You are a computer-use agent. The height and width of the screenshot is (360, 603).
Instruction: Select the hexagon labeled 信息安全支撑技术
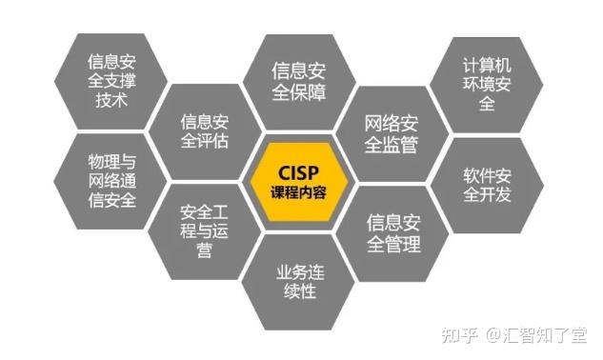pyautogui.click(x=111, y=81)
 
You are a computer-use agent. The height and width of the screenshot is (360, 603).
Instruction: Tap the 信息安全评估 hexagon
pyautogui.click(x=205, y=131)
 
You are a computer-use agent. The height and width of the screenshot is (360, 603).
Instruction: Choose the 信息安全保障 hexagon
pyautogui.click(x=298, y=81)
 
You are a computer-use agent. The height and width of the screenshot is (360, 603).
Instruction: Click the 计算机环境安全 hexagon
pyautogui.click(x=487, y=83)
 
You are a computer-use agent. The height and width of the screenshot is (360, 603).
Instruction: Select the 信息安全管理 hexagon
pyautogui.click(x=392, y=233)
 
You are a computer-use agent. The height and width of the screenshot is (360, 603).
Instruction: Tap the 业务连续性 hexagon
pyautogui.click(x=298, y=282)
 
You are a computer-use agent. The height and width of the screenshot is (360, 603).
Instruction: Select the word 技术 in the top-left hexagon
pyautogui.click(x=111, y=100)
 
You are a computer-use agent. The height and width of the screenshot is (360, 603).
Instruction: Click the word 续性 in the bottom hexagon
pyautogui.click(x=298, y=292)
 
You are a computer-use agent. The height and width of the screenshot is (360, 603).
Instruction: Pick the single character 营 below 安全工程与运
pyautogui.click(x=203, y=250)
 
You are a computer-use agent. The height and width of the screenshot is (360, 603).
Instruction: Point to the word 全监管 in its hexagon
pyautogui.click(x=392, y=143)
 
